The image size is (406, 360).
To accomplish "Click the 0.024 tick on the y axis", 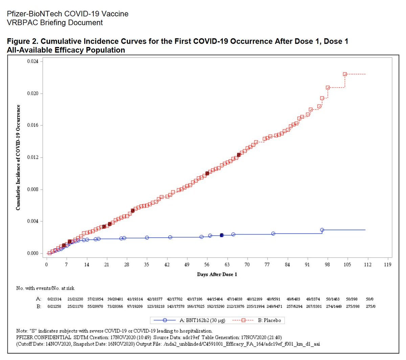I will (x=32, y=62).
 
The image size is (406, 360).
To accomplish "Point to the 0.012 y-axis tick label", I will (x=32, y=158).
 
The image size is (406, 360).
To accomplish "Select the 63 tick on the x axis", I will (x=227, y=265).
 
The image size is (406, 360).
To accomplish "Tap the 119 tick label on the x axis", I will (x=387, y=265).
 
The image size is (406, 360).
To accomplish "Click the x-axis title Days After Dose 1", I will (x=217, y=274).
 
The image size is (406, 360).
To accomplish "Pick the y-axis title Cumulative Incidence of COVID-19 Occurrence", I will (x=18, y=158).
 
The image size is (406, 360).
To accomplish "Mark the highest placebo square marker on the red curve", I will (x=345, y=74).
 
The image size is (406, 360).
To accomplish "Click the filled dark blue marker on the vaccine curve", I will (x=222, y=235).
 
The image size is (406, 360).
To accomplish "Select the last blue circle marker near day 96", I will (x=322, y=230).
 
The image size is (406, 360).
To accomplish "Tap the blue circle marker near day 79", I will (x=273, y=234).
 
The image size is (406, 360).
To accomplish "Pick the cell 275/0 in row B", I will (x=370, y=307).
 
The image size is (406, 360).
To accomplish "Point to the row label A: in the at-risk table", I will (x=39, y=299).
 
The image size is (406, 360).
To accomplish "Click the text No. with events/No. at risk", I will (x=45, y=288).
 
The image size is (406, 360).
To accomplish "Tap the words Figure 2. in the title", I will (x=21, y=41).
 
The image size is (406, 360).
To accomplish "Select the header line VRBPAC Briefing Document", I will (x=55, y=23).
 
